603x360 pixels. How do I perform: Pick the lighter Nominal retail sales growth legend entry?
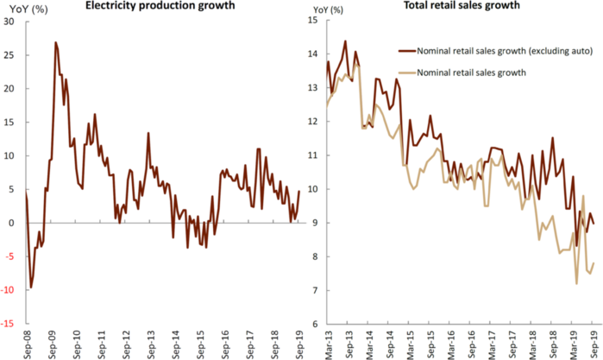click(x=473, y=72)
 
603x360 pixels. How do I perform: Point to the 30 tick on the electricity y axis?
click(x=11, y=22)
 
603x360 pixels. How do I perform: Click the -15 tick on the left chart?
click(x=9, y=324)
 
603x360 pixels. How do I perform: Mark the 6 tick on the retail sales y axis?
click(x=314, y=324)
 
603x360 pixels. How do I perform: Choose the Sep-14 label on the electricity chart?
click(x=177, y=342)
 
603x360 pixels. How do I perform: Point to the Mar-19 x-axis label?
click(x=571, y=342)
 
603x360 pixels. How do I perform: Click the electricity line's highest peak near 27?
click(x=55, y=41)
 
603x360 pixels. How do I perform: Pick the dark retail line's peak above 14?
click(x=345, y=41)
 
